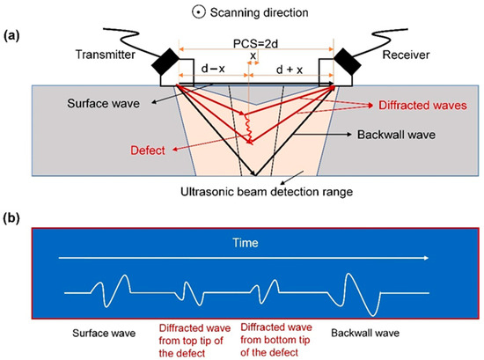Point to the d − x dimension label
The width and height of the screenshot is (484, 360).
click(x=210, y=67)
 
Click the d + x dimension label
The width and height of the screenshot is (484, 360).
click(x=290, y=67)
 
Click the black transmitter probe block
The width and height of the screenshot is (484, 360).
click(x=167, y=63)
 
